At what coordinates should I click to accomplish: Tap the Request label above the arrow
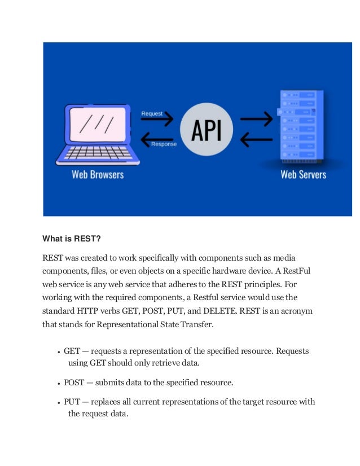[x=152, y=113]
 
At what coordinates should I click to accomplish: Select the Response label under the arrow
[x=164, y=144]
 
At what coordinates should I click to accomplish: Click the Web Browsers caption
[x=98, y=174]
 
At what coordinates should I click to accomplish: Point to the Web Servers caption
[x=304, y=174]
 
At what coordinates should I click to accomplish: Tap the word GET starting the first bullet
[x=72, y=351]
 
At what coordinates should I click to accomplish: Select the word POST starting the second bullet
[x=74, y=383]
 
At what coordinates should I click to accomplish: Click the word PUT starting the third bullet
[x=72, y=402]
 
